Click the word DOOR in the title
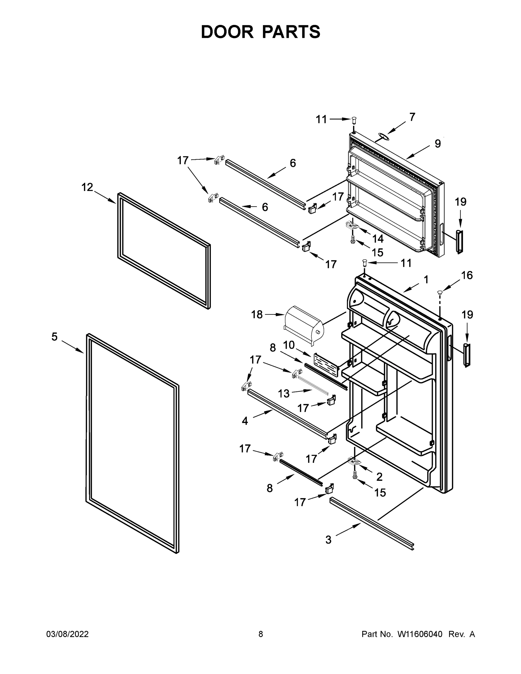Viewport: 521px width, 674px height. click(x=227, y=32)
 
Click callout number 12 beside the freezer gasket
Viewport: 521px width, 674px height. click(x=87, y=187)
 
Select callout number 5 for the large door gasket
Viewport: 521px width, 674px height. click(x=54, y=337)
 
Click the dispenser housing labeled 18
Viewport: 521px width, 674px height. click(x=303, y=325)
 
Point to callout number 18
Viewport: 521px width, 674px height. click(x=257, y=315)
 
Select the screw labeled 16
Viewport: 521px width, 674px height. click(x=440, y=292)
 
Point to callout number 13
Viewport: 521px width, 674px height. click(x=284, y=393)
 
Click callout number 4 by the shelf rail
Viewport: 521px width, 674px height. click(x=245, y=421)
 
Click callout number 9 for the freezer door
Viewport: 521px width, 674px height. click(x=438, y=144)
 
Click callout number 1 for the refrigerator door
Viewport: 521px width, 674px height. click(x=426, y=280)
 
